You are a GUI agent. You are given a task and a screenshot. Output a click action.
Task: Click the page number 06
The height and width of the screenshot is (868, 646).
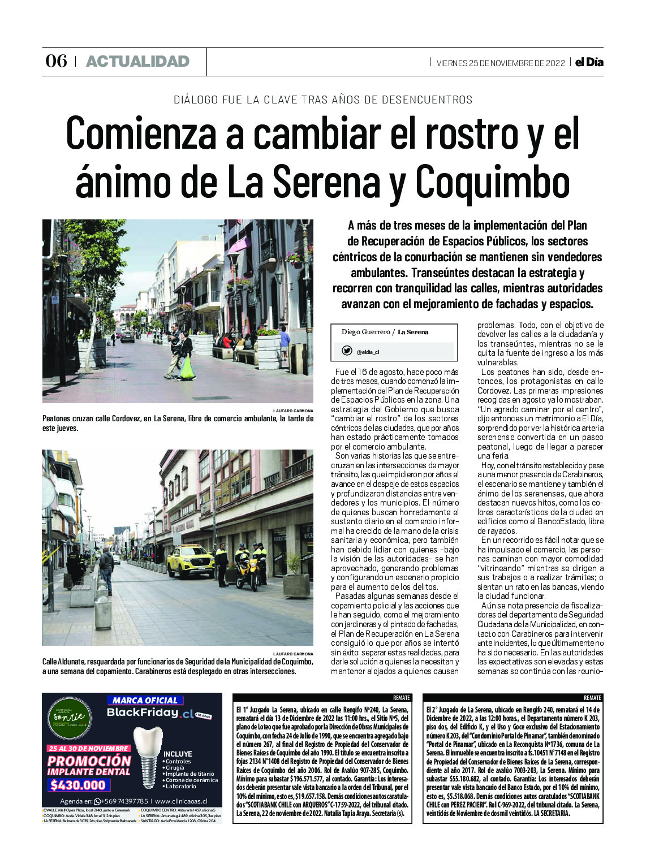(57, 61)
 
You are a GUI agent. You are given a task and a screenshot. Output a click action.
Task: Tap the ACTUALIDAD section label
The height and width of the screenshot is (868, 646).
(137, 61)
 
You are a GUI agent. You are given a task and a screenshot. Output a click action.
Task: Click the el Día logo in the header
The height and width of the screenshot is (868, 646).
(589, 62)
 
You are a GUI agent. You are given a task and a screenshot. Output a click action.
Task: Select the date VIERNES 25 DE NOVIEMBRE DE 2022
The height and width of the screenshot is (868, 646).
(501, 63)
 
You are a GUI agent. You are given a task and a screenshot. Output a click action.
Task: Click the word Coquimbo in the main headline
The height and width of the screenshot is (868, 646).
(492, 182)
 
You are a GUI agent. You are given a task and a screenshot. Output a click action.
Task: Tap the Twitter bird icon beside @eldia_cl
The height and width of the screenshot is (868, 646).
(347, 351)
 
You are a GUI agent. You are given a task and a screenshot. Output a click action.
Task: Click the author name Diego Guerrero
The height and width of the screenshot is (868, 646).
(365, 332)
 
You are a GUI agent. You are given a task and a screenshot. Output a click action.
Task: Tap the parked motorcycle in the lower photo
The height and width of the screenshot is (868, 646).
(247, 573)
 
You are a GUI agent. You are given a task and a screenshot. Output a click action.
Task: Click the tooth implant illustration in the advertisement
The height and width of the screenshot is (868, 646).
(148, 756)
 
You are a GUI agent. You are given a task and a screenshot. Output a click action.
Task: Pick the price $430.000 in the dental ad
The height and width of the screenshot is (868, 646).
(78, 785)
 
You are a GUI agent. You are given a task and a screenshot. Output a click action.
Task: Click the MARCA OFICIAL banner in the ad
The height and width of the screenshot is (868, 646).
(145, 700)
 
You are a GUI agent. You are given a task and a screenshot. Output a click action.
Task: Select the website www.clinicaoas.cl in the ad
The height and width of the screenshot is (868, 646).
(181, 801)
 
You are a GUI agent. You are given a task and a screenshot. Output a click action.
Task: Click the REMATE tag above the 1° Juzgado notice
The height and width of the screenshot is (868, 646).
(401, 698)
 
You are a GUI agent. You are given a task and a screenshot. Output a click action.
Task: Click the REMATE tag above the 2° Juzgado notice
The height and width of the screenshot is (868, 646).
(592, 698)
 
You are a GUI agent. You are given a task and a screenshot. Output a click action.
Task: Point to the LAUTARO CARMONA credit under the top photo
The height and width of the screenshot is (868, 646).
(292, 411)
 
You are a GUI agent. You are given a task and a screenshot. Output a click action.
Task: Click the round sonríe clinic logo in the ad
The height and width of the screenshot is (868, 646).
(70, 717)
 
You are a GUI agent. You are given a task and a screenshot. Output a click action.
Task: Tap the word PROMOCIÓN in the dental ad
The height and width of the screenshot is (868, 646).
(89, 761)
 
